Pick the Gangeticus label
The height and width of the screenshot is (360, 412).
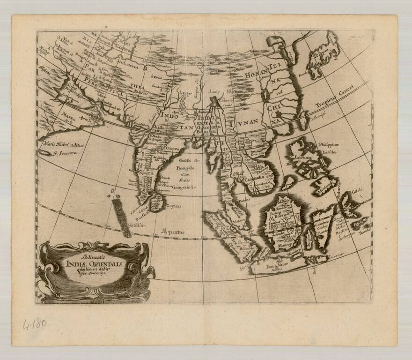[182, 187]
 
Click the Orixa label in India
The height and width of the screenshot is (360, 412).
[170, 149]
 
